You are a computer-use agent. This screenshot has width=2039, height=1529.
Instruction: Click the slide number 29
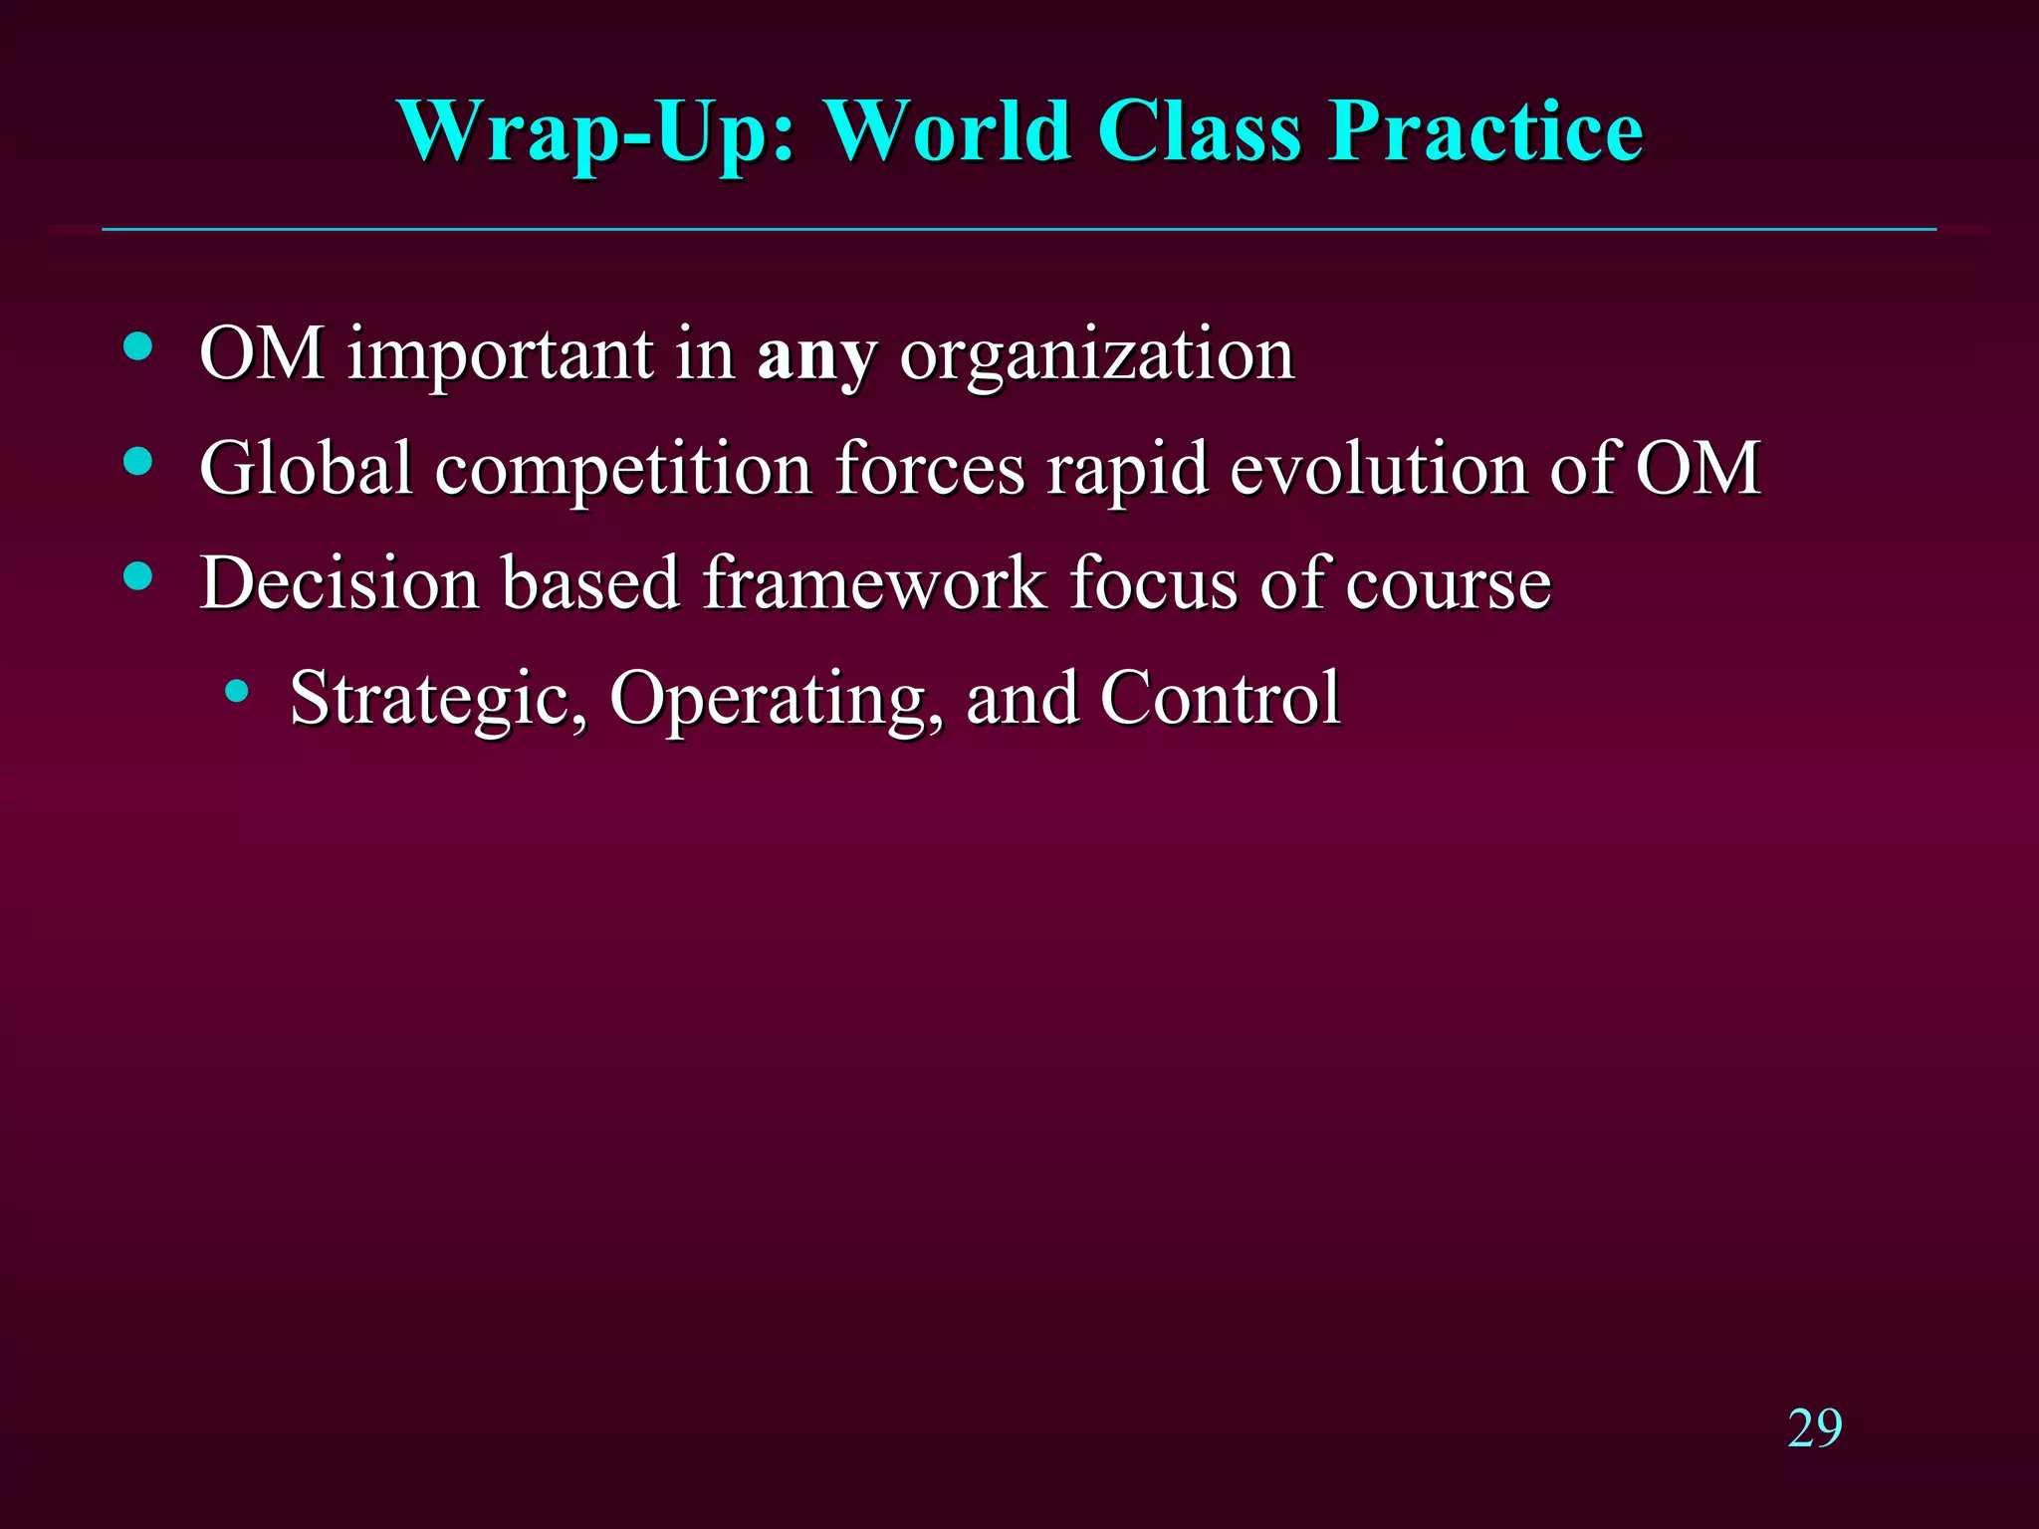(1814, 1428)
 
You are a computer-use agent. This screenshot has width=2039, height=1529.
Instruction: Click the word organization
(1096, 355)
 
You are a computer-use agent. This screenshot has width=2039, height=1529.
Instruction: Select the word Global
(306, 468)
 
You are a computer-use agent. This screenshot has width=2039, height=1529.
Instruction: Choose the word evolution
(1378, 468)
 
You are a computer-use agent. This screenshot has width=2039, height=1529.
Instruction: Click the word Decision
(339, 582)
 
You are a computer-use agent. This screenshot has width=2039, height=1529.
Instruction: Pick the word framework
(874, 582)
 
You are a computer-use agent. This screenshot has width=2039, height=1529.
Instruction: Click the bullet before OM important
(138, 346)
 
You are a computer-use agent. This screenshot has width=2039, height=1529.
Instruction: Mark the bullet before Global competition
(138, 461)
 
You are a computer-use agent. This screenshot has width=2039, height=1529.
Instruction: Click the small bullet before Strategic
(236, 690)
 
